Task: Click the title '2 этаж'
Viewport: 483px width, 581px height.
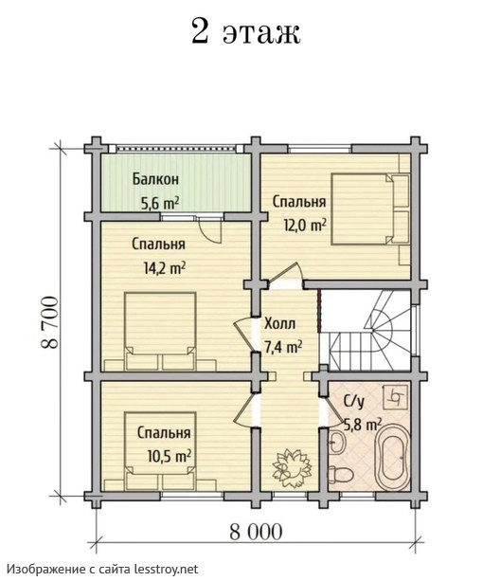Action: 245,31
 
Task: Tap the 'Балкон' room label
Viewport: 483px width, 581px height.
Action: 155,179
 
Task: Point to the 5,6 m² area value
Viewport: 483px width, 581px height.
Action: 159,203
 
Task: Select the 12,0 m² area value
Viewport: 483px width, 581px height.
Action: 305,225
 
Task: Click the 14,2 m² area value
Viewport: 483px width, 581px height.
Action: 164,268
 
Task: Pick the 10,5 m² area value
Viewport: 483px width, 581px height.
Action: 170,456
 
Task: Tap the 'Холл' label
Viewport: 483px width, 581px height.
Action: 279,324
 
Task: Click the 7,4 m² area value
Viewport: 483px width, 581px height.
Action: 283,347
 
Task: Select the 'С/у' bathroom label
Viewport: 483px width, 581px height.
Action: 354,402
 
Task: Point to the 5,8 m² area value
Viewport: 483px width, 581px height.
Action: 363,425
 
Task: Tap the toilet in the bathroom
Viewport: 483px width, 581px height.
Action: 341,474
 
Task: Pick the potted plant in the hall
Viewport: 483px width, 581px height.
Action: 292,467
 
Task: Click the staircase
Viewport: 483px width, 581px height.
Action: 370,330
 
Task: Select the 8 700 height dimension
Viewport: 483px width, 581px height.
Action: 50,322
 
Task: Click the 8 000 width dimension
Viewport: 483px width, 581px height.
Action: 256,532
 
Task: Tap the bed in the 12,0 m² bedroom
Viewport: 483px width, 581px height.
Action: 370,209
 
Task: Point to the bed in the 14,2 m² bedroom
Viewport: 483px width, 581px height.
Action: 160,332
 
